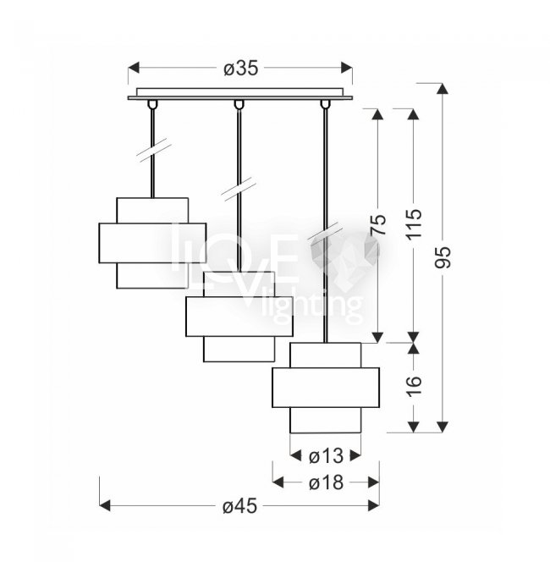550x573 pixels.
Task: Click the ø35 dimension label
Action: point(240,69)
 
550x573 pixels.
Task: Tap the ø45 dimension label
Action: point(239,506)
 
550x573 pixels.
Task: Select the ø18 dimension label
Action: point(326,482)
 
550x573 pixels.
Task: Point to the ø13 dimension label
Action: point(326,456)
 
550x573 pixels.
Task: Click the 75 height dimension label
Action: point(378,224)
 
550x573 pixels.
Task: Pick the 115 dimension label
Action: point(414,224)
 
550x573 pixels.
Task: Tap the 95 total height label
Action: point(443,257)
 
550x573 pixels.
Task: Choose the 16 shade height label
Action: point(414,386)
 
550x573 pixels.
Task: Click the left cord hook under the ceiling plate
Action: point(152,104)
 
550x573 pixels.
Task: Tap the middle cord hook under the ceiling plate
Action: point(239,104)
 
